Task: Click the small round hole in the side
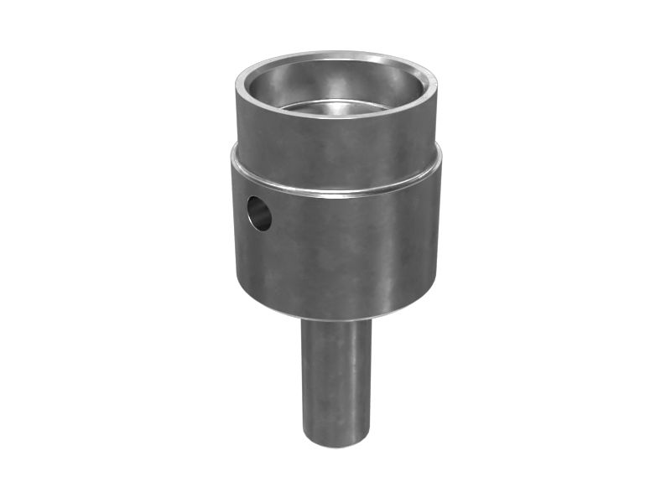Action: click(x=259, y=213)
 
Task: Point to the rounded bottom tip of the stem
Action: click(x=335, y=442)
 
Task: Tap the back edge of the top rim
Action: click(x=335, y=55)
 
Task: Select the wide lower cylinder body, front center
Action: click(x=335, y=251)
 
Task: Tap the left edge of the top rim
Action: click(x=238, y=84)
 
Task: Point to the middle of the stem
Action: click(x=335, y=381)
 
